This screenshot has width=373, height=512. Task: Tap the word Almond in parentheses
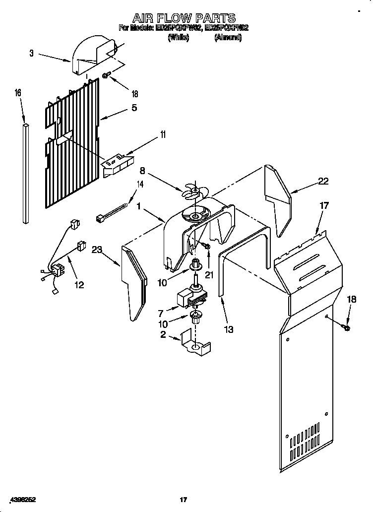[228, 37]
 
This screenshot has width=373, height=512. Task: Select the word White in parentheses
[179, 37]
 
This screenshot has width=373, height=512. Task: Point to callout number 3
[31, 54]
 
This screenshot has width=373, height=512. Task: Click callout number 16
[18, 93]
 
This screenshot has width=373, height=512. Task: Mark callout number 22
[323, 181]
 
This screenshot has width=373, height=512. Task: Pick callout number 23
[97, 251]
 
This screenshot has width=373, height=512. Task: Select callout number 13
[228, 328]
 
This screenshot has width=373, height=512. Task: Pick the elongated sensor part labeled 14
[113, 211]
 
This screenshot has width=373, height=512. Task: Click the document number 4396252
[21, 500]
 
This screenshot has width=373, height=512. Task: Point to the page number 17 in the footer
[183, 500]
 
